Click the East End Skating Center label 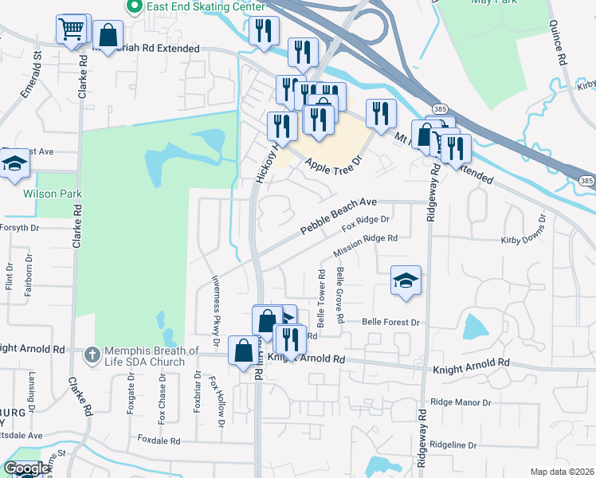203,6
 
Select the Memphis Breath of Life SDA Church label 149,351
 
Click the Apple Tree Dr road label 334,167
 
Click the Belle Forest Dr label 390,323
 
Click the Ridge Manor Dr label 461,403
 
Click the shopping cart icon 71,29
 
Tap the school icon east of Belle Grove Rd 406,280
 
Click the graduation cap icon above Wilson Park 14,165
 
